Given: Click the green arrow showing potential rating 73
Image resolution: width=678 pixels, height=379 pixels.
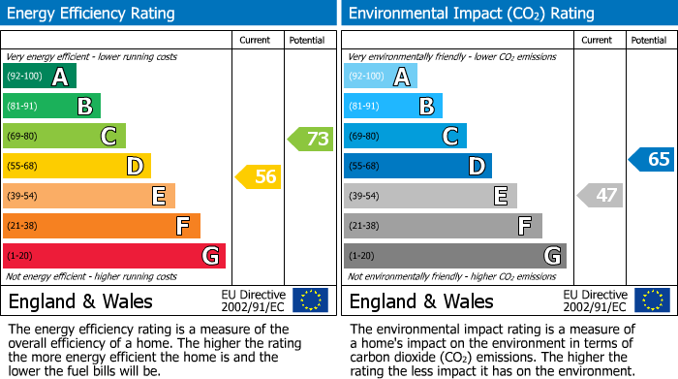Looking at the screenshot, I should click(x=311, y=139).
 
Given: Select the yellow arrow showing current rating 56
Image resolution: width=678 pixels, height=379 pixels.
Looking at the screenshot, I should click(x=259, y=176).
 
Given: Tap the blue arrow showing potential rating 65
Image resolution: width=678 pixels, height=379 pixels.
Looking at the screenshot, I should click(x=652, y=159).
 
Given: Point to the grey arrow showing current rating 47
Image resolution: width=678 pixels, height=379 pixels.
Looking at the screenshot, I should click(x=600, y=195).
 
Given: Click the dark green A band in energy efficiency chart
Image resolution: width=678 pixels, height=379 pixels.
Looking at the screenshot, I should click(x=39, y=77).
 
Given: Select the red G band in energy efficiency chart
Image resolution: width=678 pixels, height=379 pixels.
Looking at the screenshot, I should click(x=114, y=256).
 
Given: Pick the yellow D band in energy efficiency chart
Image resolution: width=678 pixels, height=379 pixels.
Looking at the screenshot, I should click(x=77, y=167).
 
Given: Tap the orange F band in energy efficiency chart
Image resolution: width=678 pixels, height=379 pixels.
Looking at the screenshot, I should click(x=102, y=226).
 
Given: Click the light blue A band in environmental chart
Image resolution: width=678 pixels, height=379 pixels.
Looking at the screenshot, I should click(x=380, y=77).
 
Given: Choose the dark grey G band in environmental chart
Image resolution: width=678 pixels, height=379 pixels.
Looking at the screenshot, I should click(x=454, y=256).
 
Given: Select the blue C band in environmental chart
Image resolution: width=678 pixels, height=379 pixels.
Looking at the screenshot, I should click(x=405, y=137).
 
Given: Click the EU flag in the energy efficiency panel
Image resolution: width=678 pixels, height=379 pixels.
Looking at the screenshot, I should click(x=311, y=300).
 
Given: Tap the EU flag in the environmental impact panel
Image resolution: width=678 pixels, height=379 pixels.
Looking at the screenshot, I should click(x=652, y=300).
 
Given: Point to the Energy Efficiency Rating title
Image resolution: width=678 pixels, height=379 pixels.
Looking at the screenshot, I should click(x=91, y=14).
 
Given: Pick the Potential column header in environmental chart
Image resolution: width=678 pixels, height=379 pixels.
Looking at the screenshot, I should click(x=649, y=40).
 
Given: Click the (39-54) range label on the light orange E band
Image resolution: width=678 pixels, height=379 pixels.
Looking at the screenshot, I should click(x=23, y=197).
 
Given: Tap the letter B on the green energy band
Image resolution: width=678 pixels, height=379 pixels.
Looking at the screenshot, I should click(x=84, y=107).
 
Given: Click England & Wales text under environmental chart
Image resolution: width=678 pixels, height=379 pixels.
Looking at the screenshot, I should click(x=420, y=300).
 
